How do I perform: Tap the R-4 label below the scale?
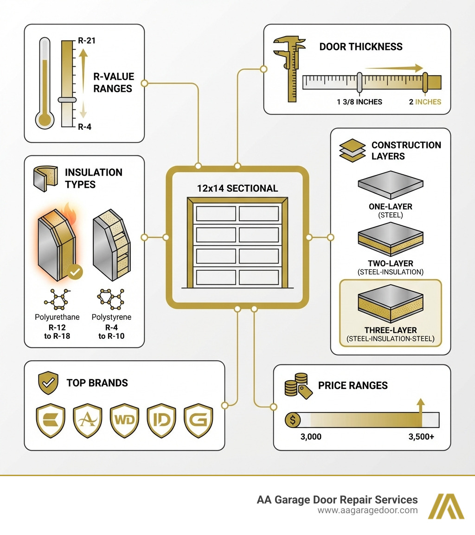(85, 127)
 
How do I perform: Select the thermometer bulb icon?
(45, 120)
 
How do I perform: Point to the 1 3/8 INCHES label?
(359, 102)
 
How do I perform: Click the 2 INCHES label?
(425, 102)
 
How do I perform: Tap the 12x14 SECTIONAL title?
(237, 188)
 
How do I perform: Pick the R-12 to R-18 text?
(57, 331)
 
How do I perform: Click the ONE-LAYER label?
(391, 207)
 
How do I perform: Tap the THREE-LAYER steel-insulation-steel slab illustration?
(391, 306)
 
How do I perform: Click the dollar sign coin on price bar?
(293, 420)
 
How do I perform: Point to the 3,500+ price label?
(421, 437)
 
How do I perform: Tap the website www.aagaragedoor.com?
(367, 510)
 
